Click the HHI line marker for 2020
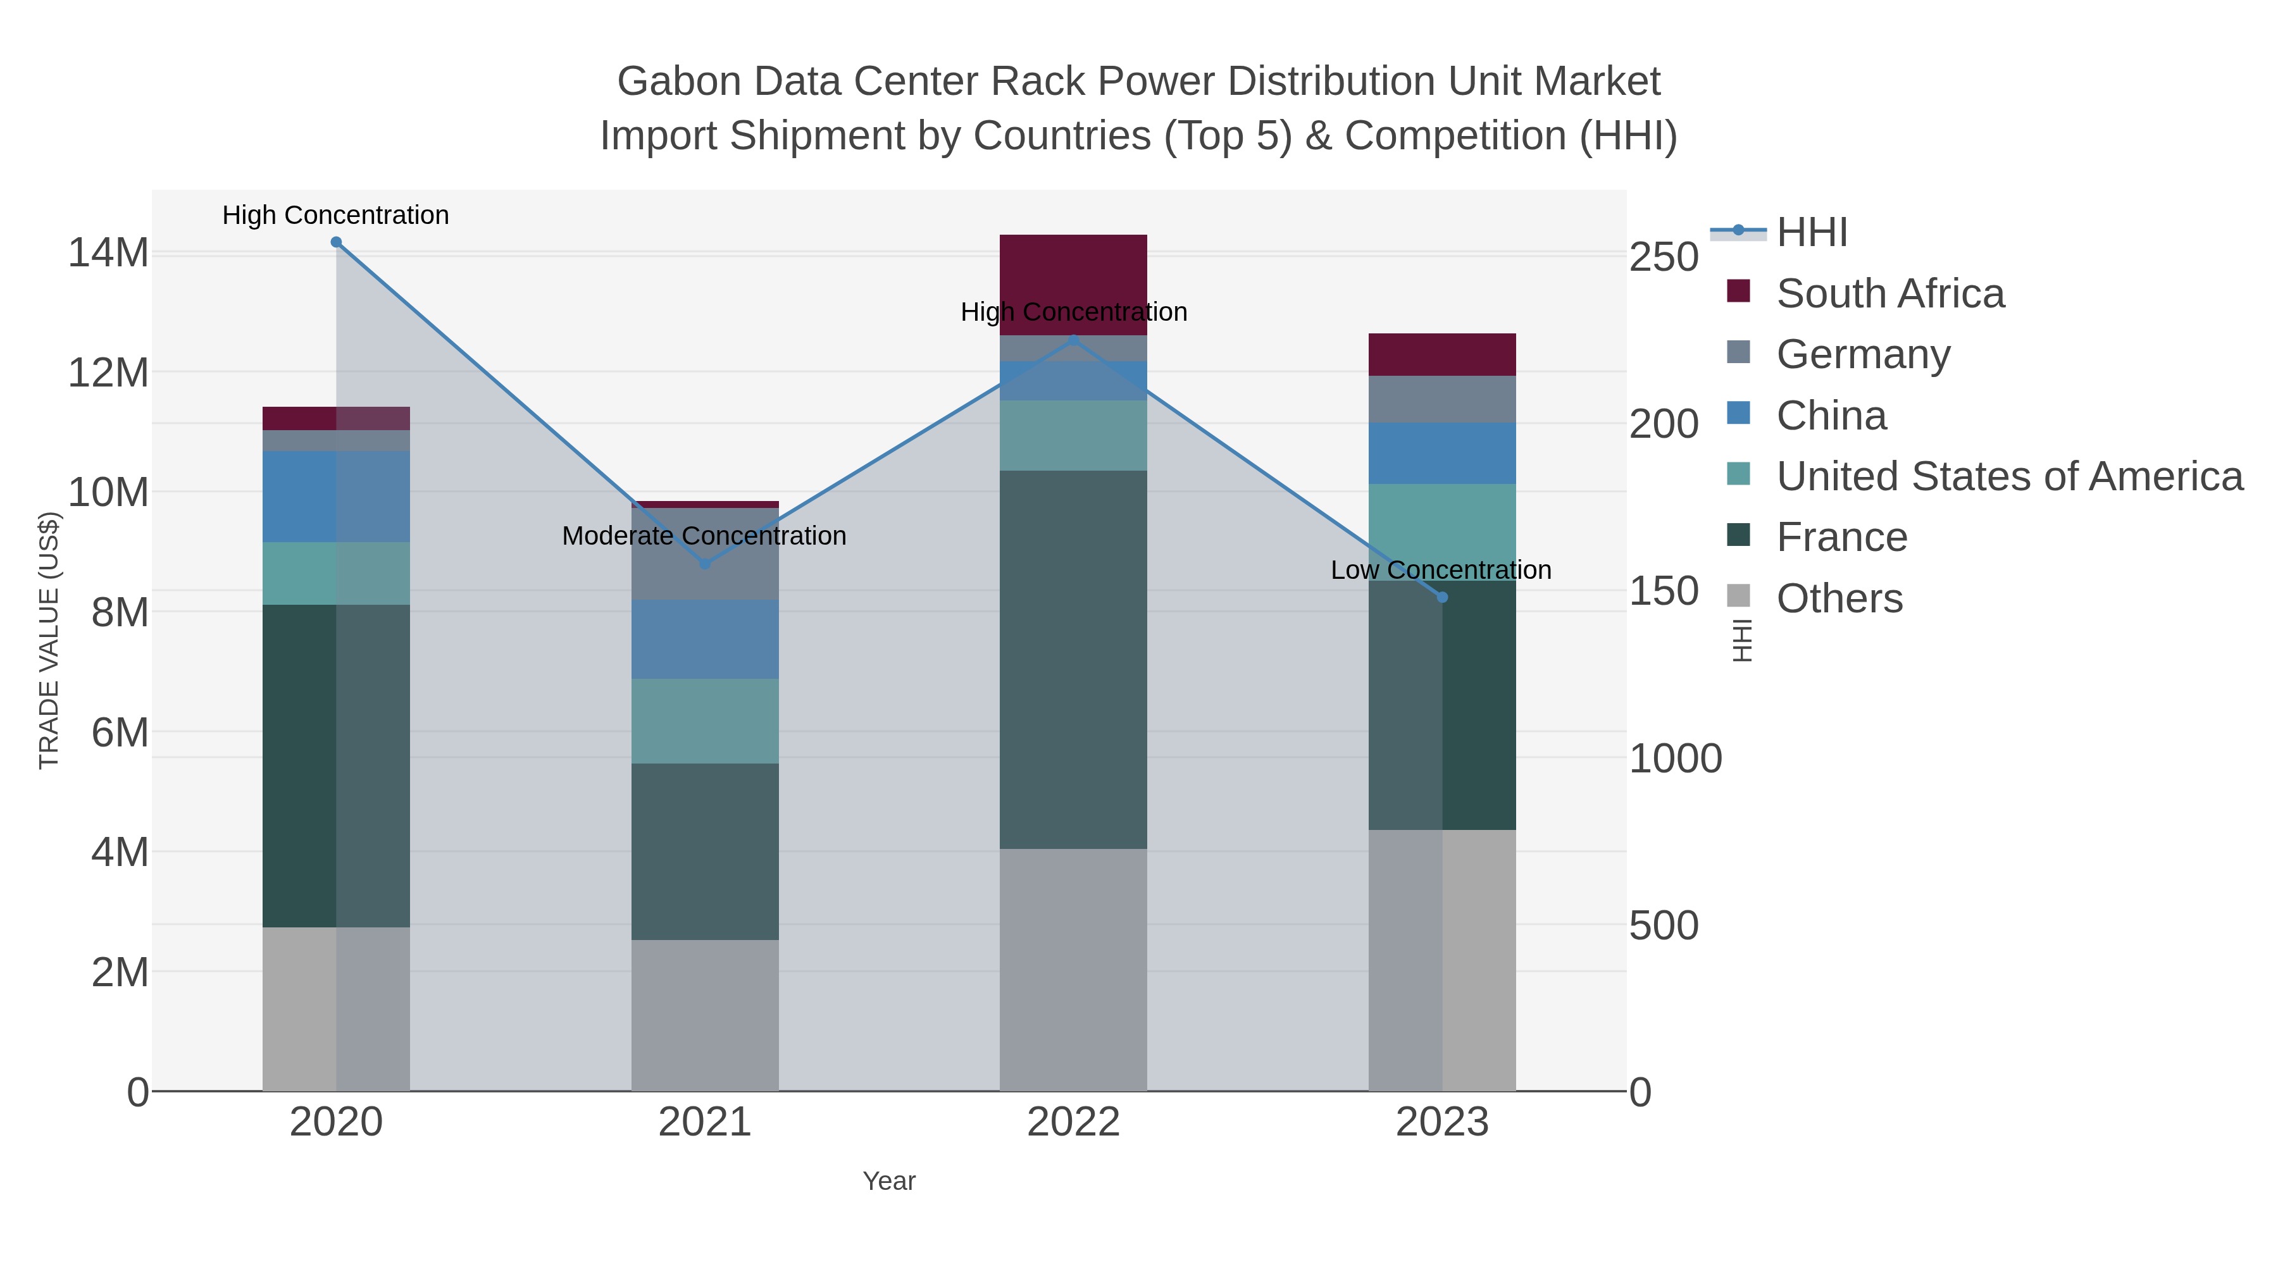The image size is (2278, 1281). point(336,242)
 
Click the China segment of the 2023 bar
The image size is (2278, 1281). point(1442,453)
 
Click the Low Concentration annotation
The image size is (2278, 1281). point(1441,570)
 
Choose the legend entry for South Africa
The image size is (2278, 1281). point(1889,294)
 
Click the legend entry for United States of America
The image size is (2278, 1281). point(2008,476)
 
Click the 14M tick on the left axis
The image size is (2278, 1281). point(108,254)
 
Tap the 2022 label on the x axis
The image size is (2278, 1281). point(1073,1123)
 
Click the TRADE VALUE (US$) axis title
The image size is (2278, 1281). point(49,640)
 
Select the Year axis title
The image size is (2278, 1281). point(889,1181)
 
